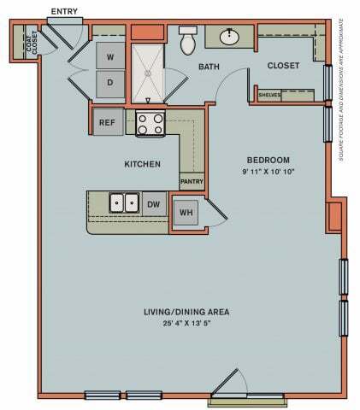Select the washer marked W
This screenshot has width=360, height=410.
pyautogui.click(x=110, y=58)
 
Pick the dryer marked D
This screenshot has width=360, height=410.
pyautogui.click(x=110, y=82)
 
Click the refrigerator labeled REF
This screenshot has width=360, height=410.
pyautogui.click(x=107, y=122)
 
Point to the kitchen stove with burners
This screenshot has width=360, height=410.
pyautogui.click(x=150, y=123)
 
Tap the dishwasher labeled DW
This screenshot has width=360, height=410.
pyautogui.click(x=154, y=204)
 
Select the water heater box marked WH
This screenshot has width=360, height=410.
pyautogui.click(x=185, y=211)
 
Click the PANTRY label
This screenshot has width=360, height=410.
pyautogui.click(x=191, y=181)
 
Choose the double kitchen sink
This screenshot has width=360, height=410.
pyautogui.click(x=124, y=203)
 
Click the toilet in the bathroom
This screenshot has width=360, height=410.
pyautogui.click(x=188, y=39)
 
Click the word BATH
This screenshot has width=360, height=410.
pyautogui.click(x=210, y=66)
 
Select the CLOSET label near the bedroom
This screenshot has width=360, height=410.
pyautogui.click(x=282, y=66)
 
